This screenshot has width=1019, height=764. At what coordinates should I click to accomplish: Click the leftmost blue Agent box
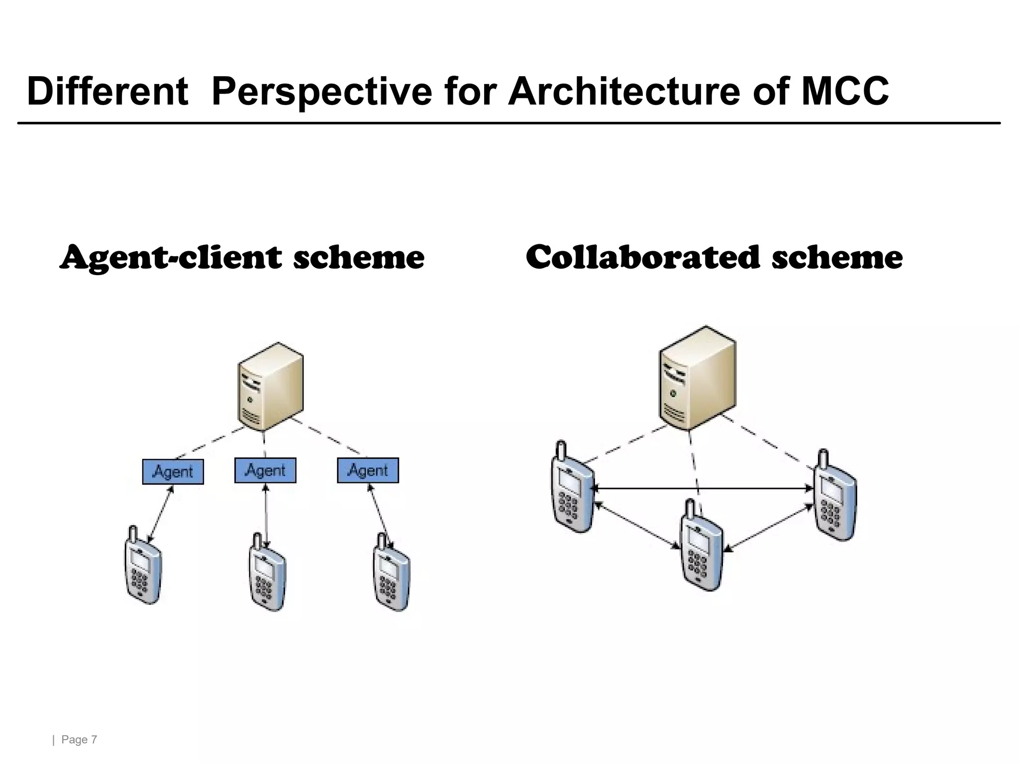(x=173, y=472)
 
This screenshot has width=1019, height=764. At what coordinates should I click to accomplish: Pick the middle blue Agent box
(x=265, y=471)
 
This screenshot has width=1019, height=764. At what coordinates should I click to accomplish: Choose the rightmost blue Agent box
(x=368, y=471)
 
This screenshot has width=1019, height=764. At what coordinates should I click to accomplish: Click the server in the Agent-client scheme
(x=270, y=387)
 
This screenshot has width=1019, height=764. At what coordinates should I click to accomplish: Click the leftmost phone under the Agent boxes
(x=142, y=567)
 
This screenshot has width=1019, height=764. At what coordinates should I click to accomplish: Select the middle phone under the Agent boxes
(x=267, y=573)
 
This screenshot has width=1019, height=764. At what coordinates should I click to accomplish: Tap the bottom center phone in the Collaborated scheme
(x=701, y=547)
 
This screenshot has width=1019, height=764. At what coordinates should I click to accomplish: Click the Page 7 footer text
(x=79, y=740)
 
